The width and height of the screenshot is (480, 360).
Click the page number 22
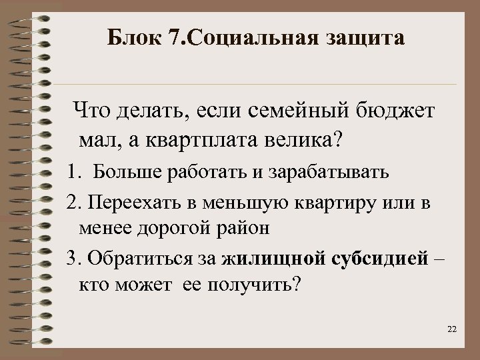click(x=453, y=330)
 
